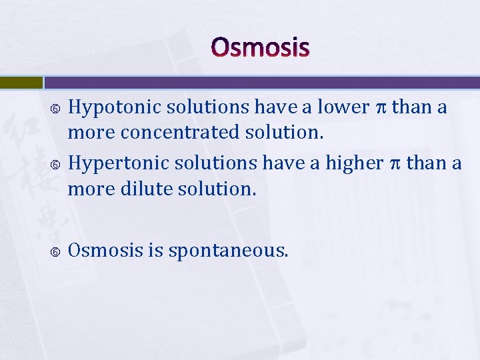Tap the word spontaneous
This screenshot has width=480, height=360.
pos(229,251)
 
